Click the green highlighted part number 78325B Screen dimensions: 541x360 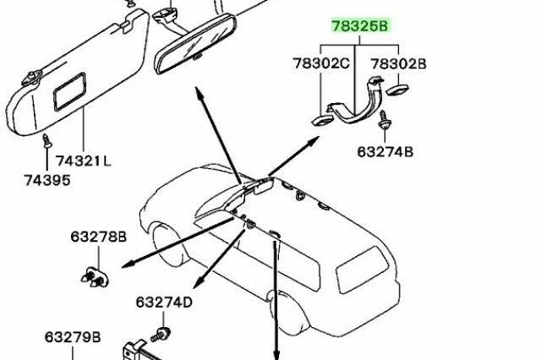click(x=360, y=26)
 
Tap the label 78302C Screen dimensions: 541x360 click(x=321, y=63)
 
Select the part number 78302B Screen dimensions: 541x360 click(x=398, y=63)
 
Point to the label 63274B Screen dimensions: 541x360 click(x=385, y=152)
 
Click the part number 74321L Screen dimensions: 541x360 click(x=84, y=161)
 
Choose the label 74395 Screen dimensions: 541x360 click(x=47, y=180)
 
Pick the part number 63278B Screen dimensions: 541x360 click(x=99, y=237)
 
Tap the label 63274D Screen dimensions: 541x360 click(x=164, y=302)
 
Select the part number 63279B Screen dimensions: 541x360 click(x=73, y=337)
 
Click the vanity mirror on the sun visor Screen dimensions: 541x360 click(x=69, y=91)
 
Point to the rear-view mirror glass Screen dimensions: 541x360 click(x=196, y=44)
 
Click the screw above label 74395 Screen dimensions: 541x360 click(x=47, y=141)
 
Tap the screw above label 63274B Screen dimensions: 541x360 click(x=383, y=120)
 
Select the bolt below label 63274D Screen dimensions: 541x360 click(x=161, y=335)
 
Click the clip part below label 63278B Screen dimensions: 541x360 click(x=95, y=277)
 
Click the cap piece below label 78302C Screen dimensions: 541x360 click(x=323, y=120)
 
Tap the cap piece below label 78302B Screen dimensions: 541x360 click(x=397, y=90)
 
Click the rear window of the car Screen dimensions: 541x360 click(x=362, y=270)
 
